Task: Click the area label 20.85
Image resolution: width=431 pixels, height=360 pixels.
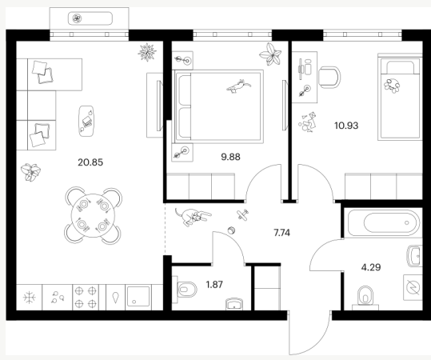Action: click(x=90, y=162)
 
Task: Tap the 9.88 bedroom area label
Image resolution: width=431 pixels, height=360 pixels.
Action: click(x=230, y=157)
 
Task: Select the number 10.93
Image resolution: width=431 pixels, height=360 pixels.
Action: click(x=346, y=126)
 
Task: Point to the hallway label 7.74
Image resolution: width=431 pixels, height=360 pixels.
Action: click(x=281, y=233)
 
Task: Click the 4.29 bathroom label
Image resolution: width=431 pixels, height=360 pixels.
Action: click(x=371, y=267)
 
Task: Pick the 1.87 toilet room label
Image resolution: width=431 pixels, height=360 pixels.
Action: click(x=214, y=284)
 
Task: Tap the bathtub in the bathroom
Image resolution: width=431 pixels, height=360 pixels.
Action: click(x=384, y=222)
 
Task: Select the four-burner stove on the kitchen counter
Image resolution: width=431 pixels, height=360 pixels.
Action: click(x=86, y=297)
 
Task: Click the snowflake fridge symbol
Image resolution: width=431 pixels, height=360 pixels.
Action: click(x=29, y=298)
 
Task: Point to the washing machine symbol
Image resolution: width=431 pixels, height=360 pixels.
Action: click(x=413, y=287)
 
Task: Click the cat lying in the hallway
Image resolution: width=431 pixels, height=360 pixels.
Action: click(x=193, y=216)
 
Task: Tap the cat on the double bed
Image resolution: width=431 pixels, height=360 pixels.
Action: click(x=238, y=86)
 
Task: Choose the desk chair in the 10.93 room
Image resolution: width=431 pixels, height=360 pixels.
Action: click(x=329, y=77)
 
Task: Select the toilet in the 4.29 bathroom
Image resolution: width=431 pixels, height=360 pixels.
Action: click(x=365, y=297)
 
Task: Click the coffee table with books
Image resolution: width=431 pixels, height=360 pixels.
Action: click(x=86, y=121)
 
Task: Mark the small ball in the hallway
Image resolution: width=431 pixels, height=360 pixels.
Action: click(x=232, y=230)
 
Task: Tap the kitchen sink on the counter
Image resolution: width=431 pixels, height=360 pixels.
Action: click(x=138, y=297)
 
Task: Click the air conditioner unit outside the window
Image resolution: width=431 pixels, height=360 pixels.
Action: click(x=90, y=18)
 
